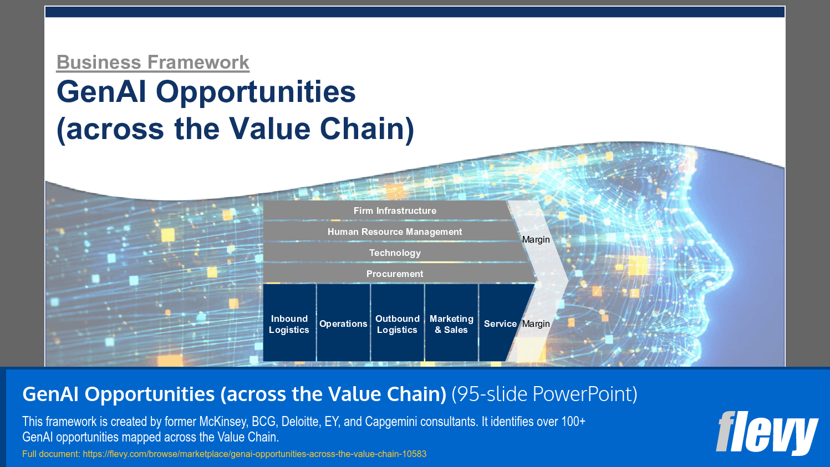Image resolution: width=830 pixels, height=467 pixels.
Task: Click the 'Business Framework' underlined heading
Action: pos(153,63)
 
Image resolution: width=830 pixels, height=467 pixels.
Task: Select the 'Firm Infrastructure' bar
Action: pos(394,211)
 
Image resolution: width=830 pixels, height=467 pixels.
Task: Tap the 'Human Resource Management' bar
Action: pos(394,232)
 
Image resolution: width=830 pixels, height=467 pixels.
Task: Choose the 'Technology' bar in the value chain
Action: pos(394,253)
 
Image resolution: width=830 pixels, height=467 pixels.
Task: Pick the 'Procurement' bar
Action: pos(394,274)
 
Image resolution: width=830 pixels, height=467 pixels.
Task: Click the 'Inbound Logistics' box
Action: pos(289,324)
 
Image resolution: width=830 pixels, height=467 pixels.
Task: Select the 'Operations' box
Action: pos(343,324)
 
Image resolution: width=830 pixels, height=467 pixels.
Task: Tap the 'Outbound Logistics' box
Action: pos(397,324)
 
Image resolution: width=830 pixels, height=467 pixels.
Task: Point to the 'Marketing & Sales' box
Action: pos(451,324)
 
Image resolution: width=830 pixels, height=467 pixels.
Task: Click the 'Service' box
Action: pos(500,324)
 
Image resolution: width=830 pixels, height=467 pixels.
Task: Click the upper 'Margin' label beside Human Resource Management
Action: pos(536,240)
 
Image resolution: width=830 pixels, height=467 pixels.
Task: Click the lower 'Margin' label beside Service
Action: pos(536,324)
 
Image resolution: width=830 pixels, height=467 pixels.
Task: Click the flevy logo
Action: pos(766,432)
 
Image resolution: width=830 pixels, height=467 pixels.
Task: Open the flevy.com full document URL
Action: pos(254,454)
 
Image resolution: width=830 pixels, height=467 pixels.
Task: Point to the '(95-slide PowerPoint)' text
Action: pos(544,394)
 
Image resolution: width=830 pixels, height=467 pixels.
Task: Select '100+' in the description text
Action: pos(573,422)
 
